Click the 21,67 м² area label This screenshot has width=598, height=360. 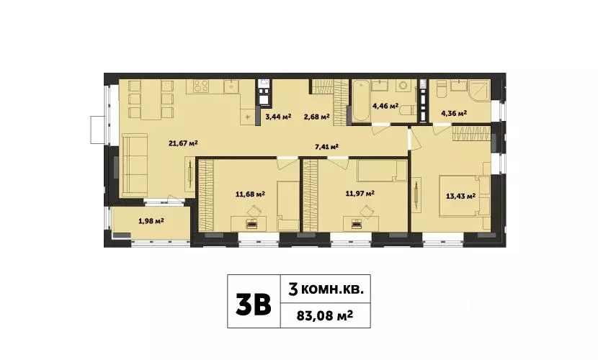point(183,143)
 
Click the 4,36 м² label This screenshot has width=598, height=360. point(453,113)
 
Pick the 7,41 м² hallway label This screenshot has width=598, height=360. point(326,147)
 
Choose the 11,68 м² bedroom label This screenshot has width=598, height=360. point(251,193)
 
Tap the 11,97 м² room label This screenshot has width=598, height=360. point(360,192)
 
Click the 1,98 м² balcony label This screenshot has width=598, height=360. point(151,220)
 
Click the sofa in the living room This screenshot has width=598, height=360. point(134,166)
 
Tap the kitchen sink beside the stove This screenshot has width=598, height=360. point(231,88)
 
